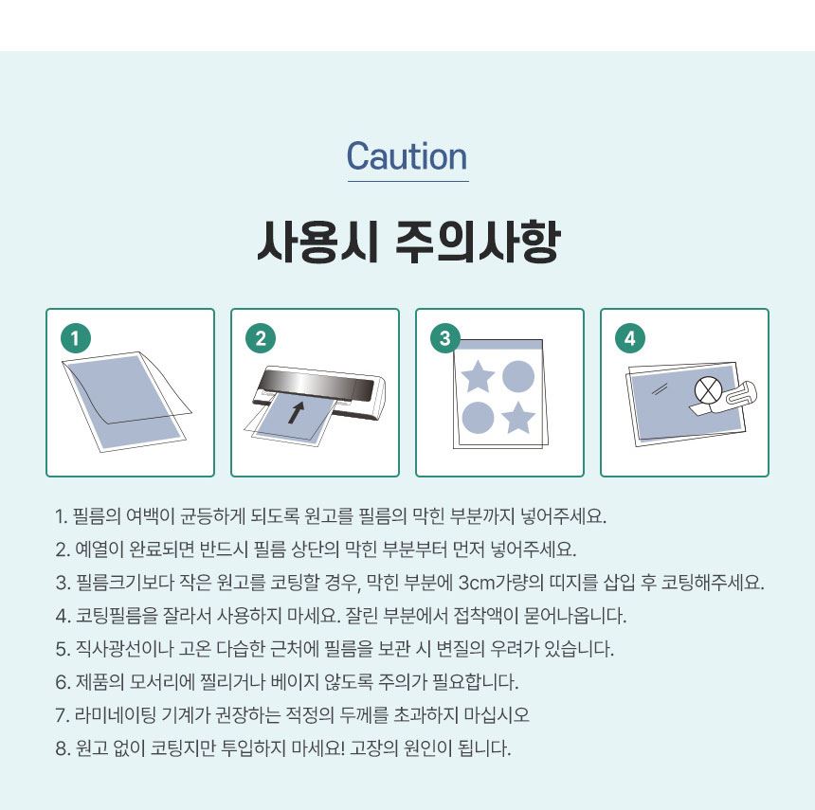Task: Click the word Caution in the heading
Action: click(x=407, y=156)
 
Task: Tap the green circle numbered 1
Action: click(x=76, y=338)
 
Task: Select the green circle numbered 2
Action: click(x=261, y=338)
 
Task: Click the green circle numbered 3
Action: click(x=445, y=338)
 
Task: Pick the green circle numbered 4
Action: click(x=630, y=338)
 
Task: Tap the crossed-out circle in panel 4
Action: click(x=708, y=390)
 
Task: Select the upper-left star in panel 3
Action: click(x=478, y=376)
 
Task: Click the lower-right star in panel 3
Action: click(x=518, y=417)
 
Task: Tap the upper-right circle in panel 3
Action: click(x=518, y=376)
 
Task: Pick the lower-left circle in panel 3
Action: click(x=478, y=417)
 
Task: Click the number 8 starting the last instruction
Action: click(x=61, y=748)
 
